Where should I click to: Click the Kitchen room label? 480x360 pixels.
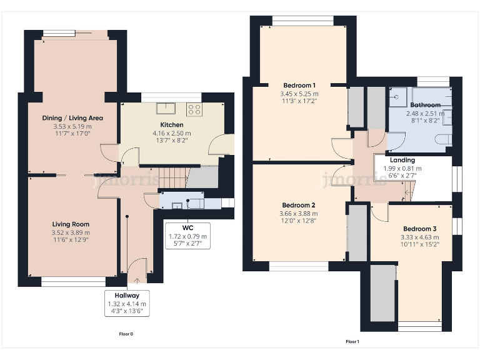point(172,125)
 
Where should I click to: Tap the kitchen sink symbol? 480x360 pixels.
point(166,108)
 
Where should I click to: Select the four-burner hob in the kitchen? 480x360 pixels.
point(194,109)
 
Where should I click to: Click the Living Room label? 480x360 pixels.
point(71,224)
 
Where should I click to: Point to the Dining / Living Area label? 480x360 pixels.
point(72,118)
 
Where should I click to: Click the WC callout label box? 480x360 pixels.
point(187,236)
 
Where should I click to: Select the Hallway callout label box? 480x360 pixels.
point(127,303)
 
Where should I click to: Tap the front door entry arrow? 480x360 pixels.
point(136,281)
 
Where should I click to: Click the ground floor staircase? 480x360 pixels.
point(173,177)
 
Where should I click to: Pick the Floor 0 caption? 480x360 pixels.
point(126,334)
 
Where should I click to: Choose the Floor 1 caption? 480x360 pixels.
point(352,342)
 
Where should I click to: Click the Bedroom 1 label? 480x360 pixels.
point(299,86)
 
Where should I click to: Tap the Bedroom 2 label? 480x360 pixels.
point(299,205)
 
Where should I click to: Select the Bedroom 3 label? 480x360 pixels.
point(420,229)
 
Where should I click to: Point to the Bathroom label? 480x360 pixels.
point(425,105)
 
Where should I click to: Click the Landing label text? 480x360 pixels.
point(402,160)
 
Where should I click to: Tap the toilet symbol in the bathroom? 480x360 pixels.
point(443,139)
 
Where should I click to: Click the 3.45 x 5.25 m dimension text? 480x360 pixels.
point(299,94)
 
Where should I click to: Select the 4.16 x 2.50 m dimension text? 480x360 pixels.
point(172,134)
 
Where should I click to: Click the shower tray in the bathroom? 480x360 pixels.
point(398,97)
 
